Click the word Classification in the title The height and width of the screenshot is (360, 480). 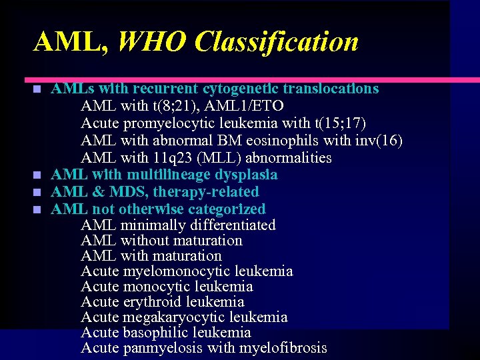[277, 42]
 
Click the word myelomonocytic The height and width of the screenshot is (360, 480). [175, 271]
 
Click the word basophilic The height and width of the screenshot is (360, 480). [156, 333]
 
